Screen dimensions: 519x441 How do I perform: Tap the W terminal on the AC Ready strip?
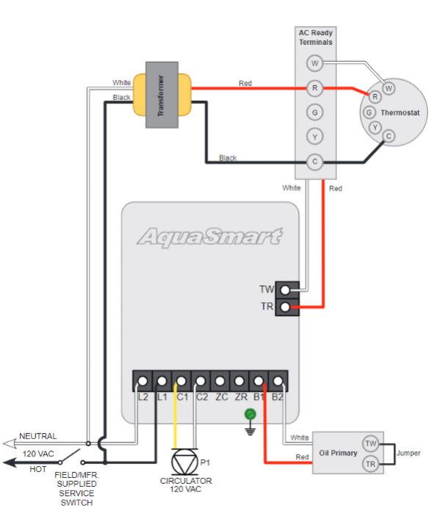click(x=315, y=63)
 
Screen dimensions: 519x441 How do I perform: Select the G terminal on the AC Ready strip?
click(x=315, y=112)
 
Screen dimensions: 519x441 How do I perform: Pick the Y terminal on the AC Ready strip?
click(x=315, y=137)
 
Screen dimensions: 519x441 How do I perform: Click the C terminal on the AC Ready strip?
click(x=315, y=162)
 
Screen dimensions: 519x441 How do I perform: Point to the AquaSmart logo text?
click(x=209, y=237)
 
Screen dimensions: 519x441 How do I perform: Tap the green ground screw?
click(x=250, y=415)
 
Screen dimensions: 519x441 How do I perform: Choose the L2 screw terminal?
click(x=143, y=382)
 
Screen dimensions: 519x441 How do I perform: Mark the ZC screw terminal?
click(x=220, y=382)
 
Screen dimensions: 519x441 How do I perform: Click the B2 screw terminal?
click(x=277, y=382)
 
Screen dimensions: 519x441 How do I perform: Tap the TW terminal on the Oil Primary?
click(x=370, y=443)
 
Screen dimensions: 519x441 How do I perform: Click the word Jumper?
click(x=409, y=454)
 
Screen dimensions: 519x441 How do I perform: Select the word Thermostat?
click(x=400, y=112)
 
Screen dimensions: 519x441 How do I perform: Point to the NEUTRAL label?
click(x=37, y=436)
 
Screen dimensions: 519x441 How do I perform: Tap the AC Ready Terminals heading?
click(x=315, y=37)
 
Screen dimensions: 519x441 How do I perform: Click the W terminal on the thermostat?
click(x=389, y=88)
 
